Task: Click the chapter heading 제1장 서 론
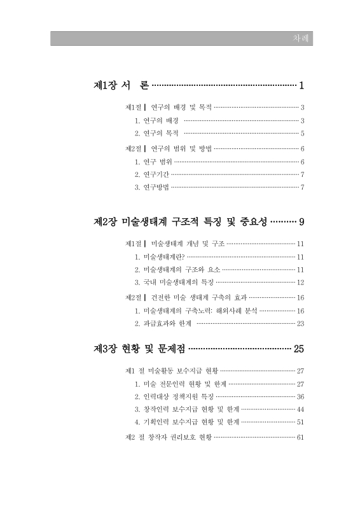point(121,85)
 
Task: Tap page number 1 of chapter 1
point(301,85)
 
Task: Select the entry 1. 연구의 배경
point(158,121)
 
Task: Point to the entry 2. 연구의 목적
point(158,134)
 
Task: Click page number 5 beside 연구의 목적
point(303,134)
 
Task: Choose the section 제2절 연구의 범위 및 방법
point(169,148)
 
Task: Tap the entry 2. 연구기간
point(152,174)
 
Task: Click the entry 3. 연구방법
point(152,187)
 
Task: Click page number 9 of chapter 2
point(302,222)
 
